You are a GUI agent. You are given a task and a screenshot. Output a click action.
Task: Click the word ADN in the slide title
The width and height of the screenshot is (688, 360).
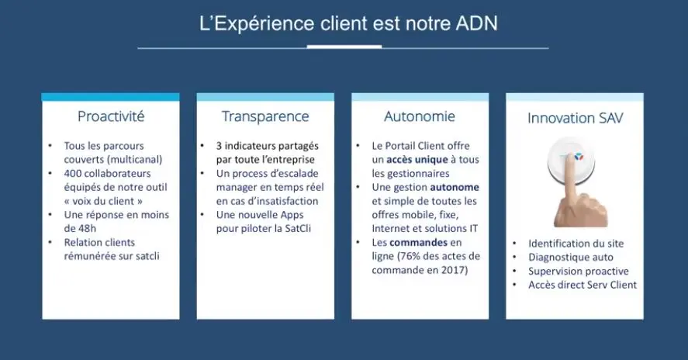coord(476,23)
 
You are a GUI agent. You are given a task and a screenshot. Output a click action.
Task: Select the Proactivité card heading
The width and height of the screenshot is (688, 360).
coord(111,116)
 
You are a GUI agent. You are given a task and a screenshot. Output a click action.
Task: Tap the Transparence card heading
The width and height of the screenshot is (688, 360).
coord(265,116)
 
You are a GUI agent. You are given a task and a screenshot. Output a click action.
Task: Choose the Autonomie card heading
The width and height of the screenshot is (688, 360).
coord(420,116)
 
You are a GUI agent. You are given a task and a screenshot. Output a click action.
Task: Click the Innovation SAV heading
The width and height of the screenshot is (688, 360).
coord(575,118)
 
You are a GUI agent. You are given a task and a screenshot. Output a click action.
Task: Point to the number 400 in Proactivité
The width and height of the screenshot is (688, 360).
coord(72,174)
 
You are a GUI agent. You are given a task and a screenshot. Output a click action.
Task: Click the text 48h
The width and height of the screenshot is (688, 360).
coord(87,229)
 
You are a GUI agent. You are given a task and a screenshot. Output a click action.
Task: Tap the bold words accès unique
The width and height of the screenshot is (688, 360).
coord(417,159)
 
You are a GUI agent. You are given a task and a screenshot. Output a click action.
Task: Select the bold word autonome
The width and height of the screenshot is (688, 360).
coord(455,187)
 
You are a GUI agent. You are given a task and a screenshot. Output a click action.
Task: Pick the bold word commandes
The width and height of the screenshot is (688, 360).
coord(419,242)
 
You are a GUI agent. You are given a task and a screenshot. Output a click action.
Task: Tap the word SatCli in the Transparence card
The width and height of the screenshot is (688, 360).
coord(298,229)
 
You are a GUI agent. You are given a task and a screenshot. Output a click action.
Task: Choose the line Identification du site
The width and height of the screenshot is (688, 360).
coord(576,244)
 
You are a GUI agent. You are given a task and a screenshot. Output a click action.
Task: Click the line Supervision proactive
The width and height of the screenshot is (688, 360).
coord(579,272)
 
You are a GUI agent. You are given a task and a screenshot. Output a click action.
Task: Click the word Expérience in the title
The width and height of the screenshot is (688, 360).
coord(263,24)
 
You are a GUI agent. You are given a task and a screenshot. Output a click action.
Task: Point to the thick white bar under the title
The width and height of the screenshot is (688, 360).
coord(344,46)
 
